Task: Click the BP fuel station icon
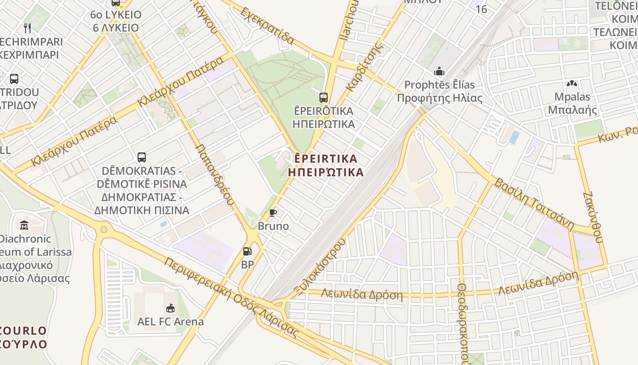247,251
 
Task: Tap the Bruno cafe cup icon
273,213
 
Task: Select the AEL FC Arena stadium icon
170,308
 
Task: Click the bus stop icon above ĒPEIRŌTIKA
324,97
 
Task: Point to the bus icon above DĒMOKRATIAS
142,157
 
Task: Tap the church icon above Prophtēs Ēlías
439,72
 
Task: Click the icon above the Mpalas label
571,84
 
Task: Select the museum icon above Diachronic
24,225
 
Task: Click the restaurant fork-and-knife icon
27,28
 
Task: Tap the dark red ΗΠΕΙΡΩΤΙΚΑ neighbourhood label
326,172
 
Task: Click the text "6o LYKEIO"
116,15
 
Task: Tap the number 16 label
481,9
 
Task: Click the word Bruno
273,226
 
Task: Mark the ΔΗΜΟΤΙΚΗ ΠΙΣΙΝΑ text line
142,210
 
